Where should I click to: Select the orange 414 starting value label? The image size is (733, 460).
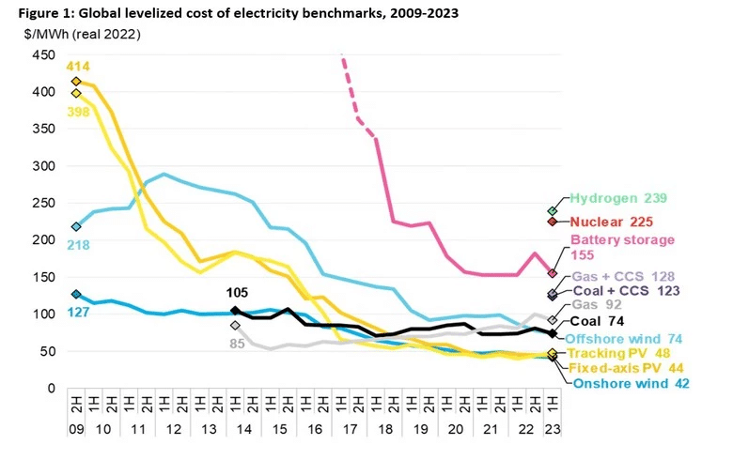(x=78, y=67)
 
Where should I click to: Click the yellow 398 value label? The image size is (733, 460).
(x=78, y=112)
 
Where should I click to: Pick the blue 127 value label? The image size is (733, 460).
(x=78, y=311)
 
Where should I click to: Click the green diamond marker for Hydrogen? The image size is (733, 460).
(x=552, y=210)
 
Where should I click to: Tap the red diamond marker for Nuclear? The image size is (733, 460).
(x=552, y=221)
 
